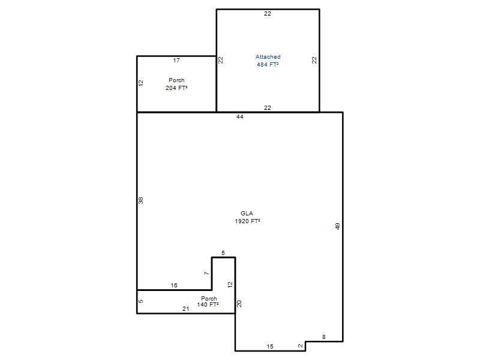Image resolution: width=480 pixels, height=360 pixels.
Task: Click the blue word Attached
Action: [268, 56]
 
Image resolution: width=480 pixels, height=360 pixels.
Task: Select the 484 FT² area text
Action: [268, 64]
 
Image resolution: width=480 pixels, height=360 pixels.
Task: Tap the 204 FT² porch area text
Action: [176, 88]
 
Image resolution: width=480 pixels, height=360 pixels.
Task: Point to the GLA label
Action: [247, 214]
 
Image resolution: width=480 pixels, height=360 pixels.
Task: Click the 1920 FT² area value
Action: [247, 221]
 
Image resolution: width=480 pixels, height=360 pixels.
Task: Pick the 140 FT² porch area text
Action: [208, 305]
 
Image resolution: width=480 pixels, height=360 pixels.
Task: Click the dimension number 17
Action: [176, 61]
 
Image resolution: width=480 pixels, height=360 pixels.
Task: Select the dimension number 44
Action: [239, 116]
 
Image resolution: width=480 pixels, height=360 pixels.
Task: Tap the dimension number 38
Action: [141, 200]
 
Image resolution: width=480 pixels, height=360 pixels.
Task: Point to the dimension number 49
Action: [337, 226]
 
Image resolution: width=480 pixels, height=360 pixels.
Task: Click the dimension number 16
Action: [174, 286]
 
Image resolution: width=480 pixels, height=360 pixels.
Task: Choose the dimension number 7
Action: [206, 273]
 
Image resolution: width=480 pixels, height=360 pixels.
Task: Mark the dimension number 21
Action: [186, 309]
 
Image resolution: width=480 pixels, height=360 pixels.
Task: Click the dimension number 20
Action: [239, 304]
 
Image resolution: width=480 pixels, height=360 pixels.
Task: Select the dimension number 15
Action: [269, 347]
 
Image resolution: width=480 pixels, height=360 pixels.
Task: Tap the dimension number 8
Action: [324, 337]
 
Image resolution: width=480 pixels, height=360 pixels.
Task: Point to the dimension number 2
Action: [301, 346]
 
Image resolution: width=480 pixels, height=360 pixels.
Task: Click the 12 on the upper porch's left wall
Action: [141, 83]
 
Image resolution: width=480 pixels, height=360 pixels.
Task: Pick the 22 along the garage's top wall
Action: [267, 13]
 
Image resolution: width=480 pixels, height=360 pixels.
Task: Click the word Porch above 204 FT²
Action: [176, 80]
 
